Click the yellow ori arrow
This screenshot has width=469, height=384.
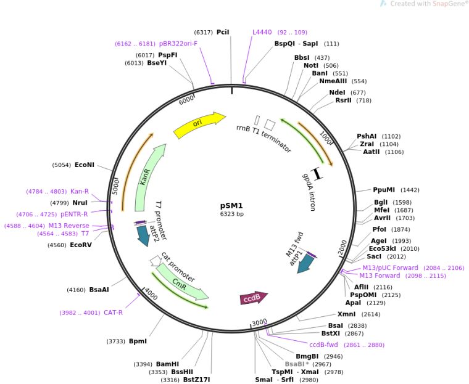coord(199,125)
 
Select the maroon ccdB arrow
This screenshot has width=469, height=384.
coord(254,298)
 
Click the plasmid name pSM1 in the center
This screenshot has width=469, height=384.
coord(232,206)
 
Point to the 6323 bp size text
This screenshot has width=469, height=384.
coord(232,214)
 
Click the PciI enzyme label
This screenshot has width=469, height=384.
coord(223,32)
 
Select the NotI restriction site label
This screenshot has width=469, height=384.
coord(311,65)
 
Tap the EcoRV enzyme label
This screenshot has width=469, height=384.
coord(81,245)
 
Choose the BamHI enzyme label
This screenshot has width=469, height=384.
coord(167,364)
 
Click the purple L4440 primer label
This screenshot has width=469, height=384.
coord(262,32)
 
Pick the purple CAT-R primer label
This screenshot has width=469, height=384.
coord(113,313)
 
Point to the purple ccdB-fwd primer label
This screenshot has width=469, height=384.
coord(324,345)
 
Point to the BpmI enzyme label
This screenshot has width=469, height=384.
coord(138,341)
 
